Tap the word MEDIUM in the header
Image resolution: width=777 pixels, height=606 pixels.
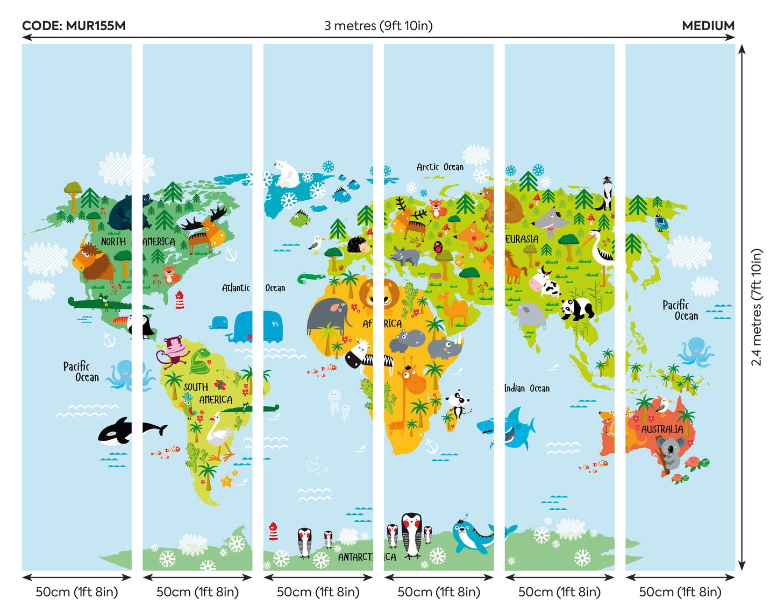click(x=708, y=26)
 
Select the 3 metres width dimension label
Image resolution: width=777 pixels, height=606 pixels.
click(x=378, y=26)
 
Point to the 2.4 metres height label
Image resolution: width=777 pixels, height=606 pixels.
click(x=757, y=307)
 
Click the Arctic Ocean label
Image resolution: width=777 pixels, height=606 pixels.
click(x=439, y=167)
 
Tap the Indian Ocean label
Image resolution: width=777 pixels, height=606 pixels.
click(x=526, y=388)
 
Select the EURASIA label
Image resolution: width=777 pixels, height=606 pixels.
click(x=522, y=239)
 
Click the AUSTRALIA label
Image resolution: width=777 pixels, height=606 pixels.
click(x=662, y=429)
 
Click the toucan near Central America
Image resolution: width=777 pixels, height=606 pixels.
click(x=141, y=326)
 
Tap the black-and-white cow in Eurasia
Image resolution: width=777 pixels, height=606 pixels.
click(x=545, y=282)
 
